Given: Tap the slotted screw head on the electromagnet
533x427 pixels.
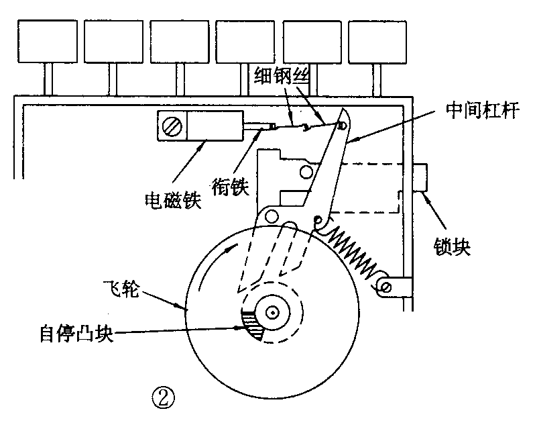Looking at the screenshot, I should tap(172, 126).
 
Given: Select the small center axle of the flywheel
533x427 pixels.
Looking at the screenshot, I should tap(272, 313).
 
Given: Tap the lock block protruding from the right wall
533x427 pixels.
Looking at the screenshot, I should tap(422, 177).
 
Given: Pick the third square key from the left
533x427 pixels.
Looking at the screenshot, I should tap(179, 41).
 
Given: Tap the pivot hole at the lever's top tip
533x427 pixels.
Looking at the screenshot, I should tap(343, 124).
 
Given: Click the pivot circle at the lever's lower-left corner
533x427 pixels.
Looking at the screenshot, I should tap(271, 216).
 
